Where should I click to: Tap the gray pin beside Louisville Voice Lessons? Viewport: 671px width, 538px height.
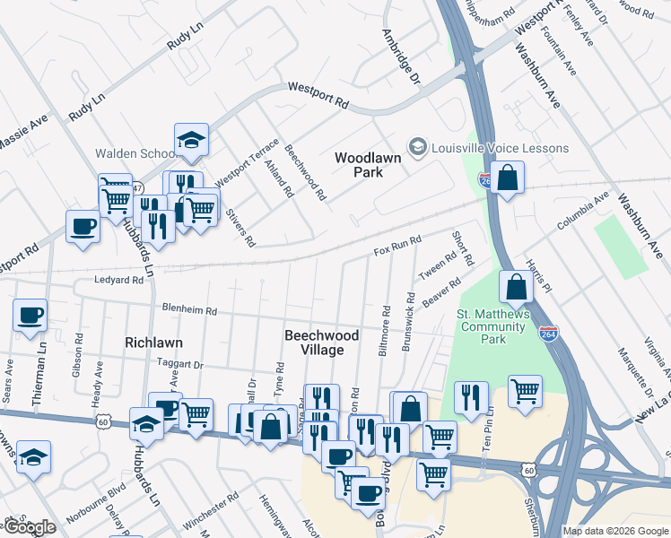pos(417,147)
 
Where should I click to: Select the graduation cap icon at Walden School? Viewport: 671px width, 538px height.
pos(191,140)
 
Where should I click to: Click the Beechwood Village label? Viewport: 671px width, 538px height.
pos(321,342)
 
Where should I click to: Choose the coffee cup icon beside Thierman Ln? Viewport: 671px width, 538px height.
pos(30,316)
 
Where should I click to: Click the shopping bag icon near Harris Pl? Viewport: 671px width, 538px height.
pos(517,288)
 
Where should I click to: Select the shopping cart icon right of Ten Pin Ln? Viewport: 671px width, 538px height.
pos(525,391)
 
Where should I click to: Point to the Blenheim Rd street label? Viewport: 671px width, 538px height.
pos(189,310)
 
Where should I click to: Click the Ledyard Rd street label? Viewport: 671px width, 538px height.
pos(119,281)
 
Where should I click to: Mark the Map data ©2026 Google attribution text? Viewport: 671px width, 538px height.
pos(614,531)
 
